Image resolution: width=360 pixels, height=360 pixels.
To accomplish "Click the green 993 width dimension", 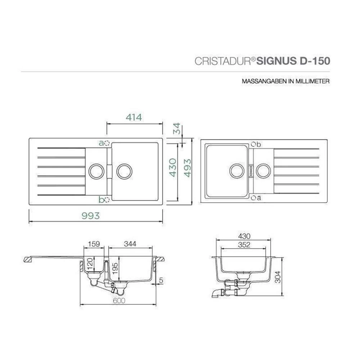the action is click(91, 216).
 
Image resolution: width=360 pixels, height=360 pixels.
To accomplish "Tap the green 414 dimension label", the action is click(134, 117).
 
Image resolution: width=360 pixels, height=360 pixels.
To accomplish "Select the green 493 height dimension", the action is click(188, 168).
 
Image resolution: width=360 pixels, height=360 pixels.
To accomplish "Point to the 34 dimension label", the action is click(177, 129).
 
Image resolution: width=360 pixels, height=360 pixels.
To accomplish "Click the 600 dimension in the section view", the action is click(119, 301).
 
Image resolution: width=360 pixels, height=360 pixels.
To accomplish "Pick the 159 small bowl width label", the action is click(94, 244).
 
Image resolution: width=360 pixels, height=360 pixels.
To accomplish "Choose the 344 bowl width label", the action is click(130, 244).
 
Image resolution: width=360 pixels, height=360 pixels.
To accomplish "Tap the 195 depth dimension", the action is click(115, 268).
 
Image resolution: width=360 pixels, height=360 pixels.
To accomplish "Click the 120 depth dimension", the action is click(90, 264).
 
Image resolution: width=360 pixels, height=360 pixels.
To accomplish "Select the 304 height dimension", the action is click(278, 277).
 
